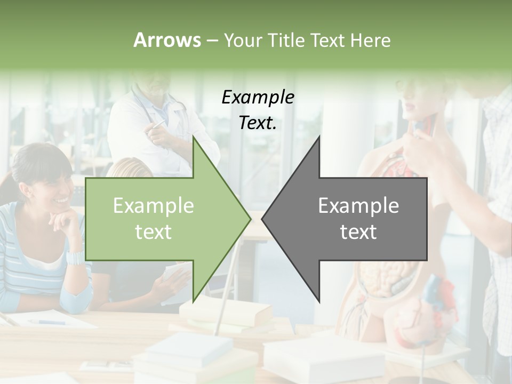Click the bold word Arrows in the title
click(x=166, y=40)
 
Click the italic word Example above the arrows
click(x=258, y=98)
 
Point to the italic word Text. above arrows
click(x=258, y=123)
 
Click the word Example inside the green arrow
click(x=153, y=206)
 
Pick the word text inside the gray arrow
click(x=358, y=232)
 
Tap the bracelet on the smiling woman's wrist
click(x=74, y=259)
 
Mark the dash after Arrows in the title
click(x=212, y=41)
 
